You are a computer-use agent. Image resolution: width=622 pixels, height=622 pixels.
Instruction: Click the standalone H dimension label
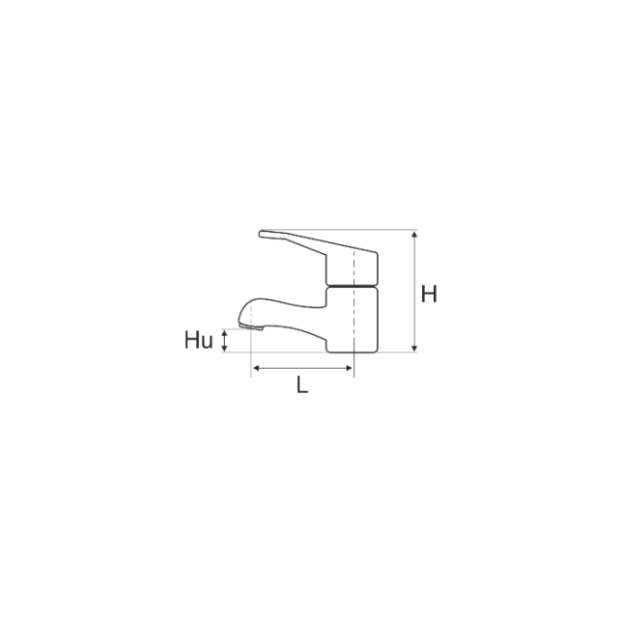[429, 294]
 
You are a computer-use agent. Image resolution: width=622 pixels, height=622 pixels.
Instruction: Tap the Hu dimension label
[199, 340]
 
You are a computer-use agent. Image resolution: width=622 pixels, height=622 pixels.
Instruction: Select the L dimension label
[302, 384]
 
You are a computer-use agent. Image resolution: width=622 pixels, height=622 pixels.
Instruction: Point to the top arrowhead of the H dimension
[414, 234]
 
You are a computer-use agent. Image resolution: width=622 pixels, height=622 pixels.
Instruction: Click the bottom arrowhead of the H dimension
[414, 349]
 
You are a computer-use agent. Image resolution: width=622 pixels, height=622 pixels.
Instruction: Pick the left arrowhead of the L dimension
[256, 369]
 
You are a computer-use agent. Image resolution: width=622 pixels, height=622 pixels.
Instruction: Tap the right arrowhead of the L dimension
[349, 369]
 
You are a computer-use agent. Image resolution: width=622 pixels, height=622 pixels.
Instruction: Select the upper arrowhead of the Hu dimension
[224, 333]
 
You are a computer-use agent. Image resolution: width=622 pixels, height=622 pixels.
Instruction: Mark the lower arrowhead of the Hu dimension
[224, 349]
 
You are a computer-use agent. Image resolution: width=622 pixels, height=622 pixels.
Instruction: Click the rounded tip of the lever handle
[262, 234]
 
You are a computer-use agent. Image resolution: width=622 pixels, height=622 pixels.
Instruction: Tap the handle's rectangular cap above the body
[352, 269]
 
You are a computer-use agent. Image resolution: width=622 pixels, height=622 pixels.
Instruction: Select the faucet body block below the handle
[352, 320]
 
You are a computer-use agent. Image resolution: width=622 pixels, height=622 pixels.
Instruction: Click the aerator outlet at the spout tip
[251, 326]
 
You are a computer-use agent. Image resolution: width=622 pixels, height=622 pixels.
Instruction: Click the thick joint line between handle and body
[352, 286]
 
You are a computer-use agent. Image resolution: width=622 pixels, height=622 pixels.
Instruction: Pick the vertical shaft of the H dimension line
[414, 291]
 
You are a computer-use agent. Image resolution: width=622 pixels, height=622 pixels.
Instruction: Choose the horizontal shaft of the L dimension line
[302, 369]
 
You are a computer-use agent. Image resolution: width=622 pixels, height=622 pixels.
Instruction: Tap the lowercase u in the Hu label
[207, 343]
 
